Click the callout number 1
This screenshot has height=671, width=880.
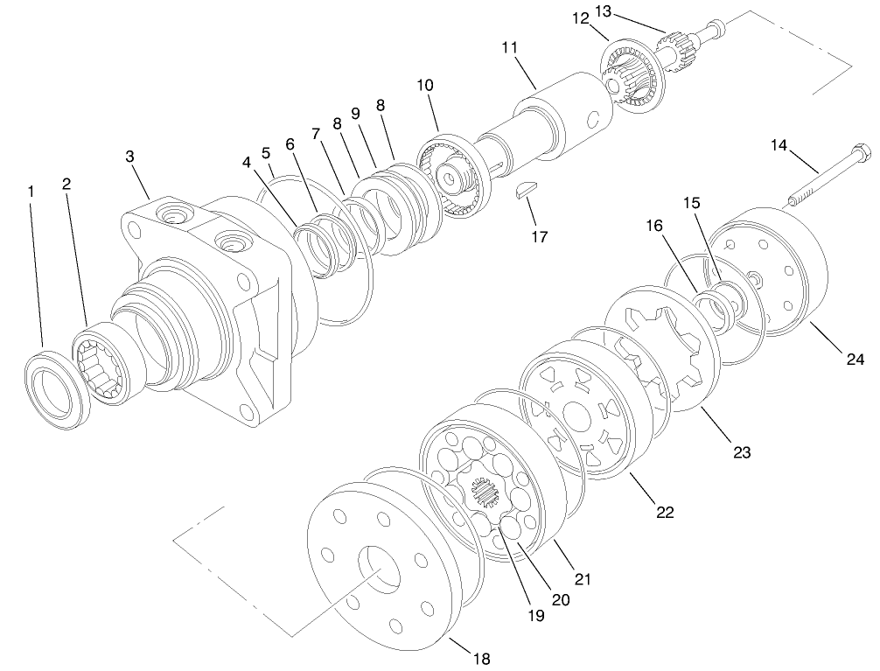31,190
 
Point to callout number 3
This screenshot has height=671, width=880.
129,157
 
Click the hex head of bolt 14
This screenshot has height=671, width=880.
859,151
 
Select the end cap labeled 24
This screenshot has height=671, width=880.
770,271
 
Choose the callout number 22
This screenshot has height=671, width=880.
666,512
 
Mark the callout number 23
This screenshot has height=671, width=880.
742,452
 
